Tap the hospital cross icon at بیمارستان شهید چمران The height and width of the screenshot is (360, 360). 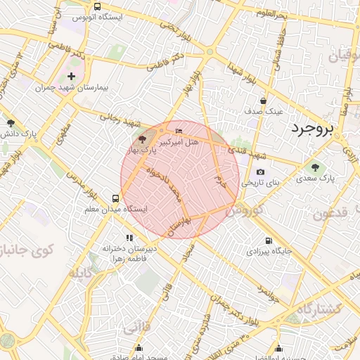[71, 76]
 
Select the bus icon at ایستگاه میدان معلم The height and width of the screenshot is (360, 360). [115, 198]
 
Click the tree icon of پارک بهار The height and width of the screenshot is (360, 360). [141, 139]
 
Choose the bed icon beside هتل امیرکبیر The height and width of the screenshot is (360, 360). [178, 131]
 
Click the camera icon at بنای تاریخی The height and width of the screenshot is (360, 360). [260, 172]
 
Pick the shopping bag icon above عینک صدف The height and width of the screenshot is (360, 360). [263, 101]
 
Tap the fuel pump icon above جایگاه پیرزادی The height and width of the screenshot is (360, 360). [267, 239]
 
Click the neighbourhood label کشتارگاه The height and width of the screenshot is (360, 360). [318, 309]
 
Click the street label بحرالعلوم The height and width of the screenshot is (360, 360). [271, 13]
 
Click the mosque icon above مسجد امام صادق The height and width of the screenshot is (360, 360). [139, 347]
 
